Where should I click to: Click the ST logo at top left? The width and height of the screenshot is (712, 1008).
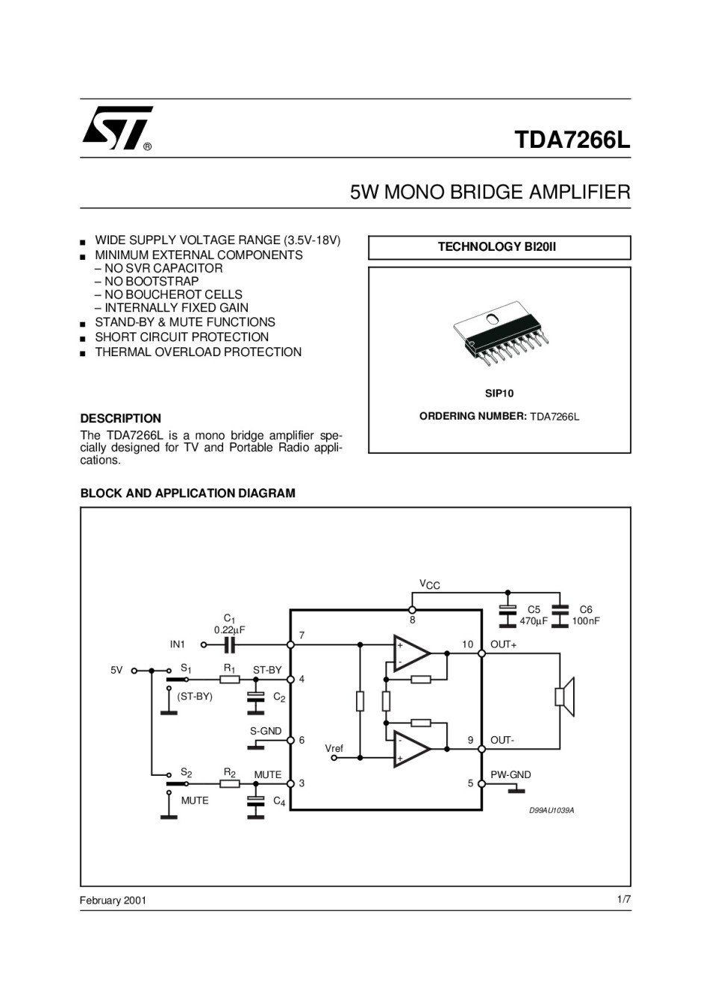pos(118,128)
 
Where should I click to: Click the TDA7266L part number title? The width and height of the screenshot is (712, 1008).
pos(572,140)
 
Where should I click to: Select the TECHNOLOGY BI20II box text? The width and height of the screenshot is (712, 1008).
pos(497,246)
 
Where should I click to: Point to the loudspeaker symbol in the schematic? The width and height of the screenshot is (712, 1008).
pos(565,697)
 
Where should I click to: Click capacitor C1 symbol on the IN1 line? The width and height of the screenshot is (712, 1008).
pos(229,645)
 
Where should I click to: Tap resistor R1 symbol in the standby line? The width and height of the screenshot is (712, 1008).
pos(230,679)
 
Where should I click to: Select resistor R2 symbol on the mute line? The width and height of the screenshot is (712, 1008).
pos(230,783)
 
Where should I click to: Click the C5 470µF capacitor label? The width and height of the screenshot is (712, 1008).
pos(534,615)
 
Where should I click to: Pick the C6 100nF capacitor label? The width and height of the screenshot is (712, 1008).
pos(586,615)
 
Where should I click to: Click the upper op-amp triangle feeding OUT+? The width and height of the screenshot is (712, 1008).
pos(411,653)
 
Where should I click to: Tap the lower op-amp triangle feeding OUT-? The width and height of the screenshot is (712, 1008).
pos(411,749)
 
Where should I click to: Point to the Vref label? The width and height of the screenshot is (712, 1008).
pos(334,748)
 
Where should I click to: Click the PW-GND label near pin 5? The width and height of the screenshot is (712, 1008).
pos(510,774)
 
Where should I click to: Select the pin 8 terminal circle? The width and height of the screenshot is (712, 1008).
pos(411,610)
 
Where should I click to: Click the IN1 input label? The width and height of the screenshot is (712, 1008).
pos(177,644)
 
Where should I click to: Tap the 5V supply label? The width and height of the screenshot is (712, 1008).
pos(116,670)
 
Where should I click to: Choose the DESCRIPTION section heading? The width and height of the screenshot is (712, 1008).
pos(121,418)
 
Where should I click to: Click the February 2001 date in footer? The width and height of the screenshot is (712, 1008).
pos(113,900)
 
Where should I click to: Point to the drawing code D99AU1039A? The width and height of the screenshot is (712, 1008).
pos(552,810)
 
